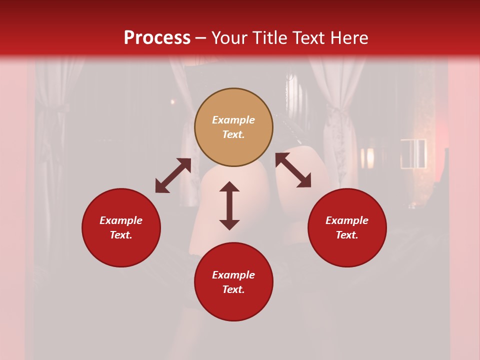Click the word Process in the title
point(157,38)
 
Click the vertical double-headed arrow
point(229,205)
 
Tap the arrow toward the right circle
point(293,170)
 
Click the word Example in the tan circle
point(233,120)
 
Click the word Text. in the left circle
point(121,235)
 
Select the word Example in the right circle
point(347,220)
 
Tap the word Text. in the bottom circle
point(233,289)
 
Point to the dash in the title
point(201,38)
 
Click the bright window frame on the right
point(413,153)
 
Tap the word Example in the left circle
point(121,220)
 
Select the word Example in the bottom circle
point(233,275)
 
